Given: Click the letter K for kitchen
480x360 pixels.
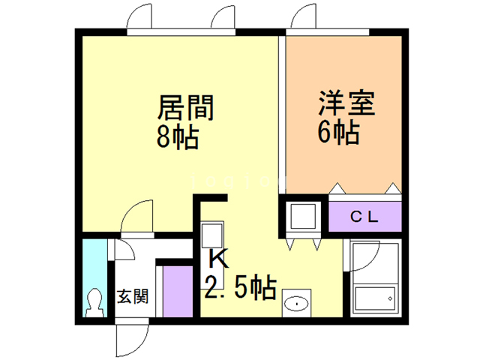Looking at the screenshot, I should (x=217, y=259).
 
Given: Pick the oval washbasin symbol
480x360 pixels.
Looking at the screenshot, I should (x=296, y=304).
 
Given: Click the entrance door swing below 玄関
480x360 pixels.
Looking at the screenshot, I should (x=130, y=341).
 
